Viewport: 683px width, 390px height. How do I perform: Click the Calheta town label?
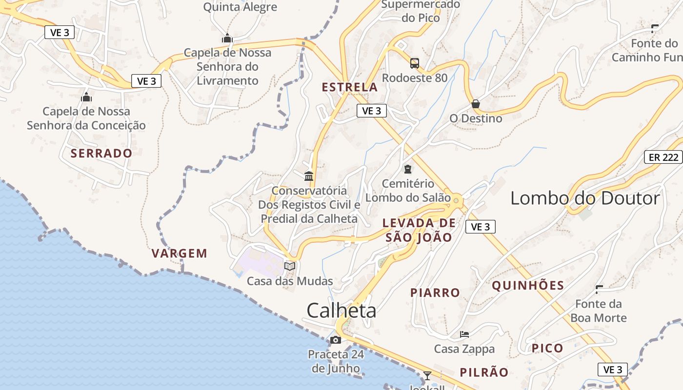tap(341, 311)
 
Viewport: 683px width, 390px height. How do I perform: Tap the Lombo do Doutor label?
tap(585, 198)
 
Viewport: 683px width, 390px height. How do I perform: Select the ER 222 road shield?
tap(664, 157)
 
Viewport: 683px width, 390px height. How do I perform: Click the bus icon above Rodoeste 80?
tap(414, 63)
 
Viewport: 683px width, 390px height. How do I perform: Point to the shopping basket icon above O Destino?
tap(476, 104)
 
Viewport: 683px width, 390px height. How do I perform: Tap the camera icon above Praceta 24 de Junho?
tap(335, 340)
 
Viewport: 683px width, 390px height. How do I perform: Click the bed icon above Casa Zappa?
tap(464, 334)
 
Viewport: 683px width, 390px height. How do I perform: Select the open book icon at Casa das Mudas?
tap(290, 266)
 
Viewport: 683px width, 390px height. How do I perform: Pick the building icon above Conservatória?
tap(309, 175)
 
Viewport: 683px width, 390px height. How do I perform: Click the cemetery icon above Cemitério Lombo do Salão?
tap(407, 169)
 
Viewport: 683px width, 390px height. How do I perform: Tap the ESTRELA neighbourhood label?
tap(350, 87)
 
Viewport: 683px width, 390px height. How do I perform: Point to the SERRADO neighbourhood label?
tap(101, 153)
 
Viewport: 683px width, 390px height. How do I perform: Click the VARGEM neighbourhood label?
tap(180, 253)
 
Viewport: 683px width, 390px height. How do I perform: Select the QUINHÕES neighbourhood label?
tap(528, 286)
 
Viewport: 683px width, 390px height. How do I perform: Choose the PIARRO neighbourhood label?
tap(435, 292)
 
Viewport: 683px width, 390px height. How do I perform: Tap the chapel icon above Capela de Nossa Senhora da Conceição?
tap(86, 97)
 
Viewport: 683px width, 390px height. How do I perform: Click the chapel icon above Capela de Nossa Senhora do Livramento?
tap(227, 38)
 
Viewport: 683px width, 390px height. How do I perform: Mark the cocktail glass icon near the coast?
tap(427, 375)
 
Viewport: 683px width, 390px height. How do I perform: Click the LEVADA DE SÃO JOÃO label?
tap(419, 230)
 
